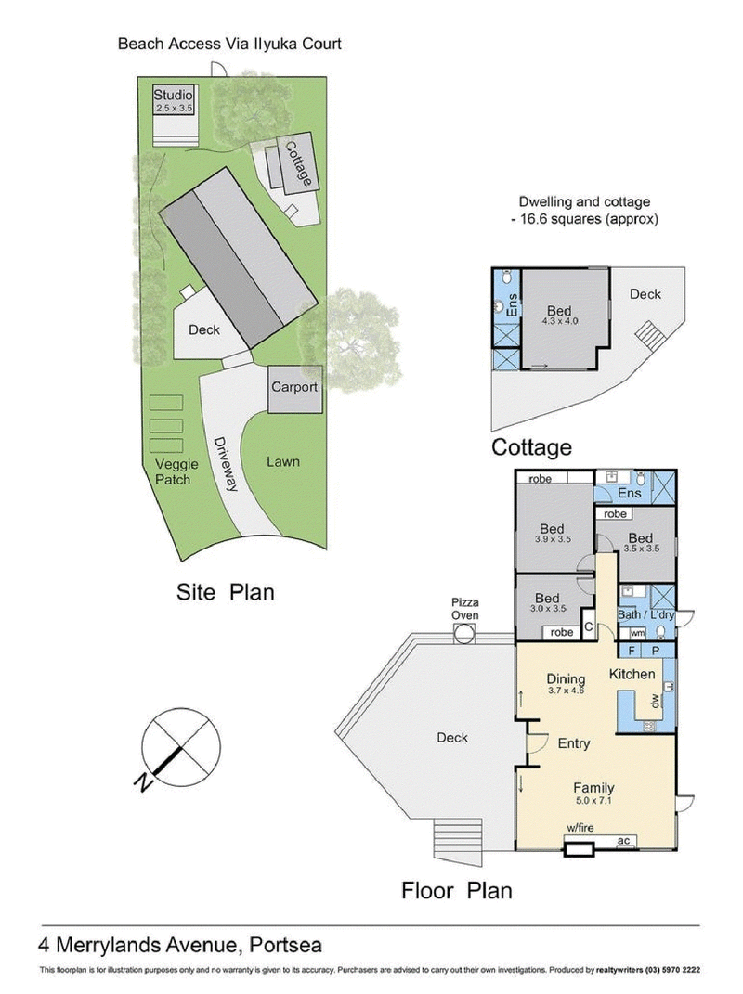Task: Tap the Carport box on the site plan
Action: tap(294, 389)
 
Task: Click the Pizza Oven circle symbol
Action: tap(463, 634)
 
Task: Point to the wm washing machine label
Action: tap(637, 633)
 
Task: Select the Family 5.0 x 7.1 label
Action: tap(593, 794)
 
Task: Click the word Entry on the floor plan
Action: tap(573, 743)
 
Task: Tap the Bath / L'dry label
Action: tap(645, 615)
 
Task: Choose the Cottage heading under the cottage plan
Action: tap(530, 447)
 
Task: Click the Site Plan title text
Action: tap(226, 591)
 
